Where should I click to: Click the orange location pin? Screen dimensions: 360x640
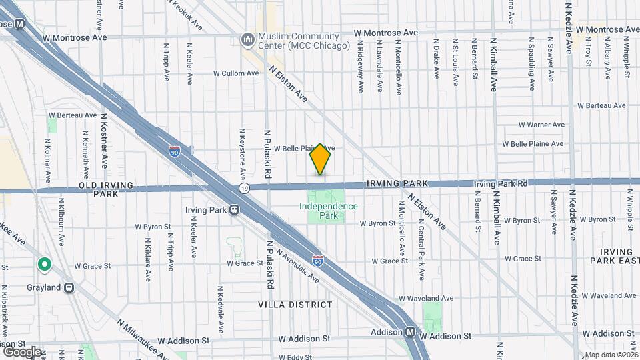pyautogui.click(x=321, y=159)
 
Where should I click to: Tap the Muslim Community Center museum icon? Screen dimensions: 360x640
pyautogui.click(x=249, y=41)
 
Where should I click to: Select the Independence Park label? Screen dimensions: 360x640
pyautogui.click(x=328, y=211)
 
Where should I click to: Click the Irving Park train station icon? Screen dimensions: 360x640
pyautogui.click(x=235, y=210)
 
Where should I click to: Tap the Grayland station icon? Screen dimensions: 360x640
pyautogui.click(x=69, y=288)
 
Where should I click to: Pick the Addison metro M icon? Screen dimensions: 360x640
pyautogui.click(x=411, y=332)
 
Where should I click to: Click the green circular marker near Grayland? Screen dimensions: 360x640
pyautogui.click(x=45, y=265)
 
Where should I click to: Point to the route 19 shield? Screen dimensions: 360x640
pyautogui.click(x=245, y=189)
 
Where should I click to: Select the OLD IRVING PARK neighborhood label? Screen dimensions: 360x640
pyautogui.click(x=107, y=189)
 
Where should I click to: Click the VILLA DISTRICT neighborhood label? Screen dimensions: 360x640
pyautogui.click(x=295, y=305)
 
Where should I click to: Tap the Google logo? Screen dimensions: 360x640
pyautogui.click(x=23, y=351)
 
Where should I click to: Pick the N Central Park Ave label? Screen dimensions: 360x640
pyautogui.click(x=421, y=237)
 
